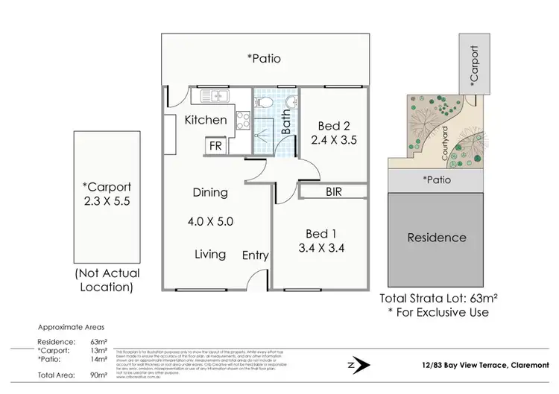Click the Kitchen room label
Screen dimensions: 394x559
205,119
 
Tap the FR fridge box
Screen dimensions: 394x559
215,146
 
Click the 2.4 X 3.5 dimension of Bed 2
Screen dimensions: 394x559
334,138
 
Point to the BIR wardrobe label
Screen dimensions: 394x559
334,191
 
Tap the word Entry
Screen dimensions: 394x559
256,255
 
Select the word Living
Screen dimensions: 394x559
210,254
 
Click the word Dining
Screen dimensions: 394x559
210,192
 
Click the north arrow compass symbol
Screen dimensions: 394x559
361,364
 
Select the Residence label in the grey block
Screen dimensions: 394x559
437,238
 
